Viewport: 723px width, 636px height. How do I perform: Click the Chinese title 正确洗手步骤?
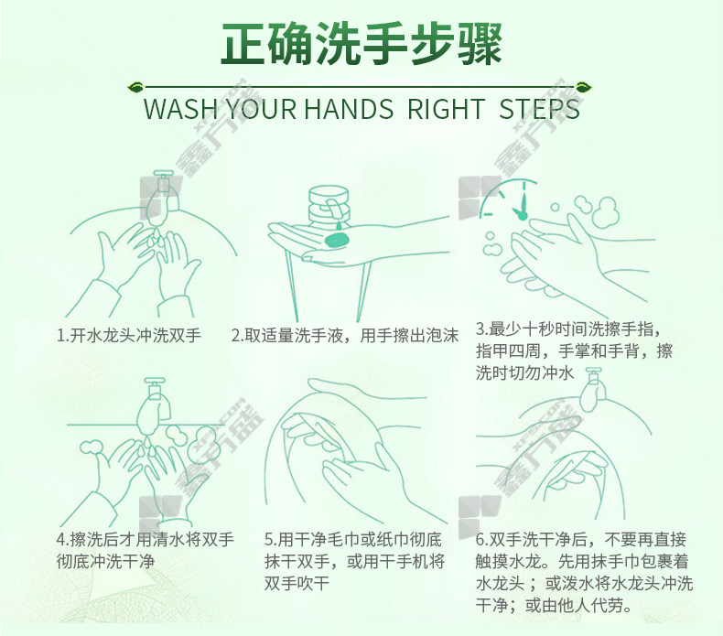pos(361,43)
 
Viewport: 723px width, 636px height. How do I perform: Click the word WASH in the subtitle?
pos(180,109)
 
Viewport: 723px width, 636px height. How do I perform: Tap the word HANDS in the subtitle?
pos(349,109)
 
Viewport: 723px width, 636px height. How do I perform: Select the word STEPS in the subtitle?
pos(539,109)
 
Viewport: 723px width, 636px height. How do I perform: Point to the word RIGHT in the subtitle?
pos(446,109)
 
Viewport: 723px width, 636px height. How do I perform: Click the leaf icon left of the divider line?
pos(135,87)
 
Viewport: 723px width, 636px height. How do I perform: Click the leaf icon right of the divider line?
pos(584,87)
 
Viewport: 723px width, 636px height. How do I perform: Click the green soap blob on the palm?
pos(337,240)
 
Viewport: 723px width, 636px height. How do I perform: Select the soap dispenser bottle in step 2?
pos(328,205)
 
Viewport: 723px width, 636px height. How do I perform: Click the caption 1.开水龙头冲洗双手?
pos(129,335)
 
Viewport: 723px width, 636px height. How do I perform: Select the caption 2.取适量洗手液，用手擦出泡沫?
pos(344,335)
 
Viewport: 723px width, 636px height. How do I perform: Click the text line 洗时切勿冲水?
pos(524,372)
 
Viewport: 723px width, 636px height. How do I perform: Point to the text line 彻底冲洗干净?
pos(105,561)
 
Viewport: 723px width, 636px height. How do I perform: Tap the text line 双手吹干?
pos(297,583)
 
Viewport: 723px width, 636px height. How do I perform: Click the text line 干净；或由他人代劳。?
pos(554,605)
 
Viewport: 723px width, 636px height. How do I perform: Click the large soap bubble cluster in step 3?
pos(597,211)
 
